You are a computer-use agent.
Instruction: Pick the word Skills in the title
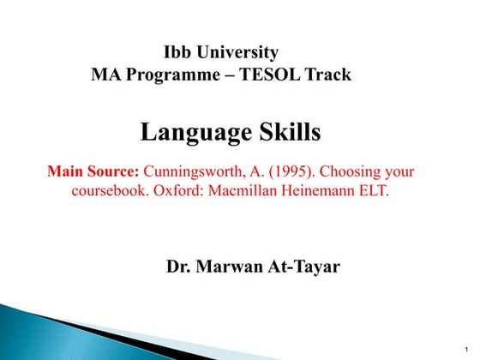[289, 133]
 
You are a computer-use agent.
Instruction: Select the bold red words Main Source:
[93, 171]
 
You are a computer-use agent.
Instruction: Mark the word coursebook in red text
[108, 190]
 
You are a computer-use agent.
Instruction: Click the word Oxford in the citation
[178, 190]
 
